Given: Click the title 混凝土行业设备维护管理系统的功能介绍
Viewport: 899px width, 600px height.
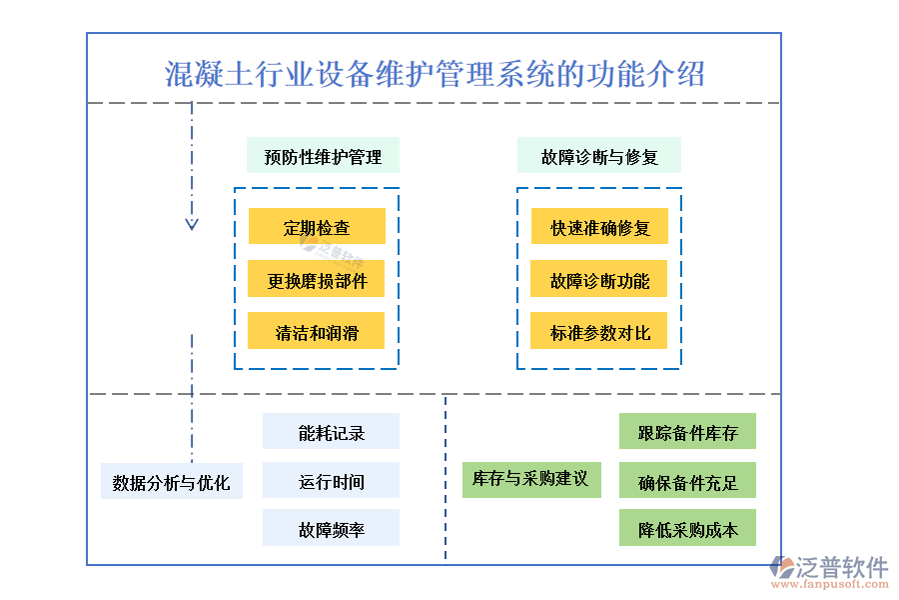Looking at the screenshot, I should [x=434, y=74].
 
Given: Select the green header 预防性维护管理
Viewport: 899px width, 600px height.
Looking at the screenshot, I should [x=323, y=156].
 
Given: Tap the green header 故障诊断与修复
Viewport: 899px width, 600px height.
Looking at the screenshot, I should [x=599, y=156].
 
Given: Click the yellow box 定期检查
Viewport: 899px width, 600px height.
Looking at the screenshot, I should [x=317, y=227].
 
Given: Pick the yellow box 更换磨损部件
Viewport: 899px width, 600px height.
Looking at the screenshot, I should [x=317, y=280].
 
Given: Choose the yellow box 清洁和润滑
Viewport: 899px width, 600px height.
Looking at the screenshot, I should [x=317, y=332].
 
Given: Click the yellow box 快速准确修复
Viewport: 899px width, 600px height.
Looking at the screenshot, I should [x=599, y=227].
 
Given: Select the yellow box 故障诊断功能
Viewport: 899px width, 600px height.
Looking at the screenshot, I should [x=599, y=280].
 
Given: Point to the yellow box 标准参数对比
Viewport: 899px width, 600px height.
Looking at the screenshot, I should [x=599, y=332].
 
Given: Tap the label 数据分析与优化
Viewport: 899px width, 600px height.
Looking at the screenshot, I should [x=171, y=482].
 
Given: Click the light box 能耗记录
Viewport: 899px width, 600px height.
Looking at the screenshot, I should [x=331, y=432].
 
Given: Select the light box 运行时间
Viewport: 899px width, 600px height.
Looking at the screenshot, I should [x=331, y=481].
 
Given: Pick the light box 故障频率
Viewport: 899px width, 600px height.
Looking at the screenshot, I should [x=331, y=529].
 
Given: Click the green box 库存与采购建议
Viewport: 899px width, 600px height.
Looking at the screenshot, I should [x=530, y=478].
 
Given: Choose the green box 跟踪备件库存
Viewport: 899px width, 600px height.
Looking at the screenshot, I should [x=687, y=432].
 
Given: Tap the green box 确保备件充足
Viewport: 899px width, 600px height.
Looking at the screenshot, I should [x=687, y=481].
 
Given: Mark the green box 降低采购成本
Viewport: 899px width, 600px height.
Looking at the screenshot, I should [x=687, y=529].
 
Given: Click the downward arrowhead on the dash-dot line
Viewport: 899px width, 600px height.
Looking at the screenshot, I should [x=192, y=223].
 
